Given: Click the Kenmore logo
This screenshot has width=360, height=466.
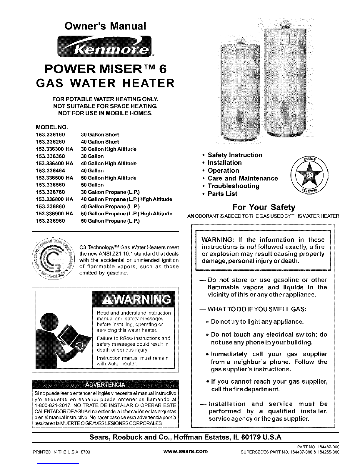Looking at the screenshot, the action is [x=104, y=46].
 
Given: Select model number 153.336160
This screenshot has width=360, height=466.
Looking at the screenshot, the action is [x=50, y=135].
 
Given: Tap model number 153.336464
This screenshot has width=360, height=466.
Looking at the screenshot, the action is [x=50, y=171].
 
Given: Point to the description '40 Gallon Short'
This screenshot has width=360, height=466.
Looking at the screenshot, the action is [x=100, y=142].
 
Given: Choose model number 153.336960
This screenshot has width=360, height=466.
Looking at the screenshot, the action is [x=50, y=221].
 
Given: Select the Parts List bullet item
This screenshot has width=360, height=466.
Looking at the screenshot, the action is [x=220, y=194].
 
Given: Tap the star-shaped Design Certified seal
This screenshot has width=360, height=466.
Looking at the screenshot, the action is [x=309, y=175].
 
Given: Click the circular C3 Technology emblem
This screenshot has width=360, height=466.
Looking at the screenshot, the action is [x=53, y=258].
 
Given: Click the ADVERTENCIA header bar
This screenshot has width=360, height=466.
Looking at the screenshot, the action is [x=105, y=385].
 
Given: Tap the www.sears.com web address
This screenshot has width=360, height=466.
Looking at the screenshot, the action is [x=186, y=451].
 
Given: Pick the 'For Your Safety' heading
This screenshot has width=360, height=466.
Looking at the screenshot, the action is [x=264, y=207].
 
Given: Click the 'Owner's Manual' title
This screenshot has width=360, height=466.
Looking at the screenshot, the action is [x=105, y=26].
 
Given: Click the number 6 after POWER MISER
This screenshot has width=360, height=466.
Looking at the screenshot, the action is [x=163, y=69].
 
